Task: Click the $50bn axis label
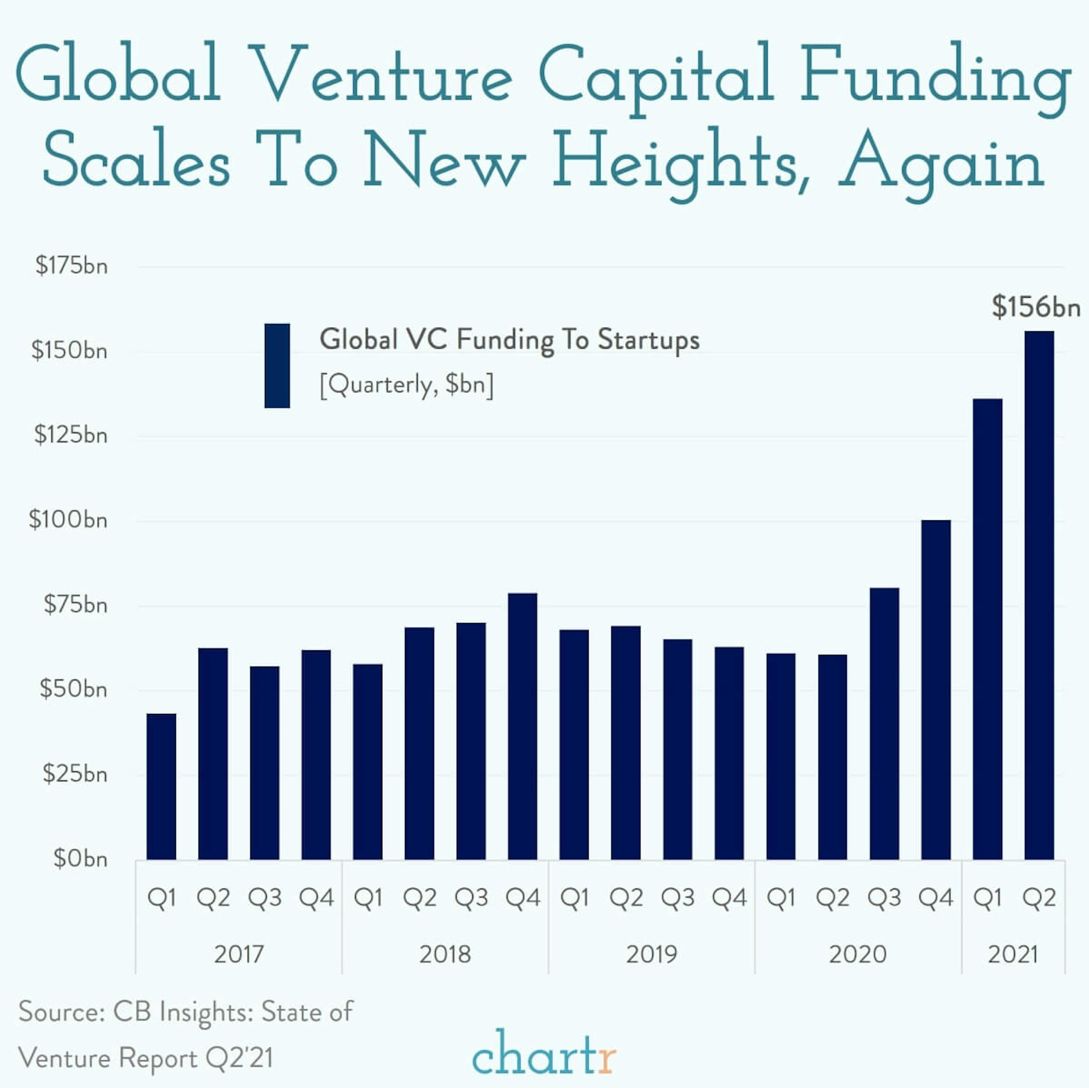click(x=73, y=689)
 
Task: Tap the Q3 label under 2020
click(x=884, y=897)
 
